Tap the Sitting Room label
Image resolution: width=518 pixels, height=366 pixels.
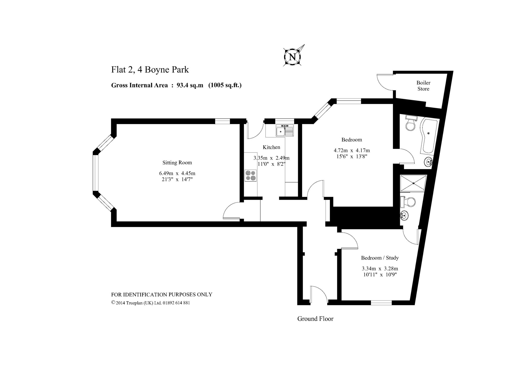click(x=177, y=163)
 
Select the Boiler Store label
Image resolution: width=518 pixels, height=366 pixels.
click(x=423, y=86)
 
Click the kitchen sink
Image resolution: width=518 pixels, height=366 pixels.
click(x=284, y=131)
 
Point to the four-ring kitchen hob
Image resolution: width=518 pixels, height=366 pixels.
click(x=251, y=175)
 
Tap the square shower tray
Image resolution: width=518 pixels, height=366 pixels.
click(x=413, y=183)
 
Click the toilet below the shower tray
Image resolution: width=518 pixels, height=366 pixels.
click(x=408, y=202)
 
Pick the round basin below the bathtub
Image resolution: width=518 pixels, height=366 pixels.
click(x=429, y=162)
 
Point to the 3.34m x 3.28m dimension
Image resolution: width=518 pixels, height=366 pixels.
click(x=380, y=269)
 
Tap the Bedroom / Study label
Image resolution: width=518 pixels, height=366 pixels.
click(x=380, y=258)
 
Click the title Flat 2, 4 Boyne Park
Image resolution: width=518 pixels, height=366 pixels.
click(x=150, y=70)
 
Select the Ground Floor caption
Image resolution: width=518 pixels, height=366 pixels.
click(x=315, y=319)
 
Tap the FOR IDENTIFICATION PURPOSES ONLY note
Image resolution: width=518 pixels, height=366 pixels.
click(x=162, y=295)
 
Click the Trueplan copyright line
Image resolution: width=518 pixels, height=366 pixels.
click(x=150, y=303)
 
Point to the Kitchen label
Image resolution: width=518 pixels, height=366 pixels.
click(x=271, y=147)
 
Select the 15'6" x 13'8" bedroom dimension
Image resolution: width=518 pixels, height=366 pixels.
click(x=352, y=156)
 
